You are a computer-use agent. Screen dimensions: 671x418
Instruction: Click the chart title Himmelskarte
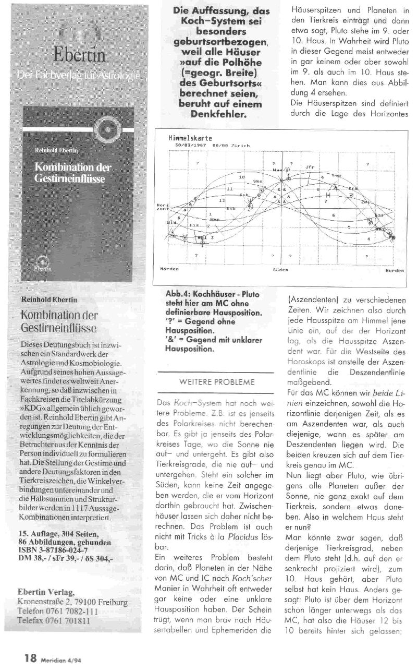pyautogui.click(x=182, y=138)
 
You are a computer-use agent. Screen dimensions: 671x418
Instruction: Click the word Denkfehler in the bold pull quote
pyautogui.click(x=215, y=113)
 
